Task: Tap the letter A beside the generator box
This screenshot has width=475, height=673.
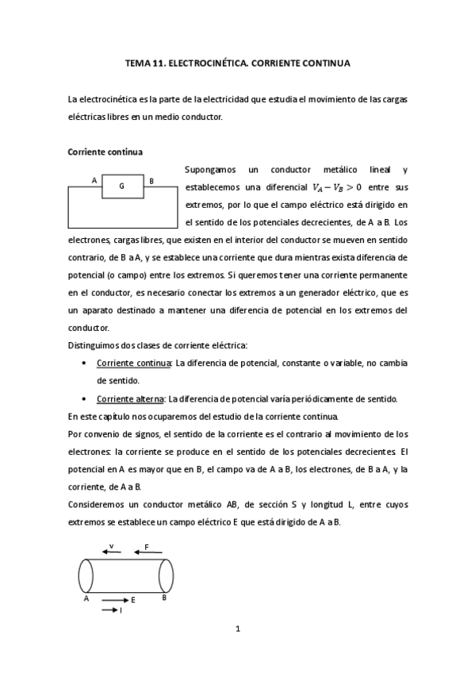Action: pyautogui.click(x=94, y=180)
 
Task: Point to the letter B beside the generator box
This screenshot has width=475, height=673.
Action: pyautogui.click(x=151, y=180)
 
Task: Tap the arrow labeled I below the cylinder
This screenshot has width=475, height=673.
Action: pyautogui.click(x=111, y=610)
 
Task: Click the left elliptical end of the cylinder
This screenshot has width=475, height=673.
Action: pyautogui.click(x=85, y=575)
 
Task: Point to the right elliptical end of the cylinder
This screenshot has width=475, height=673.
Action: pyautogui.click(x=167, y=575)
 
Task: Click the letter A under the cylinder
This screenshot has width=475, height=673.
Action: pyautogui.click(x=86, y=599)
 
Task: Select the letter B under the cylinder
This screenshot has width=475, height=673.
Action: pyautogui.click(x=164, y=598)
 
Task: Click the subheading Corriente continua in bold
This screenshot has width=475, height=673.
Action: pyautogui.click(x=105, y=151)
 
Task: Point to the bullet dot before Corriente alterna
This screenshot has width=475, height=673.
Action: pyautogui.click(x=85, y=398)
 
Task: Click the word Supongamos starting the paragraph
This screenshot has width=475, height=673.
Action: pyautogui.click(x=208, y=170)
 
